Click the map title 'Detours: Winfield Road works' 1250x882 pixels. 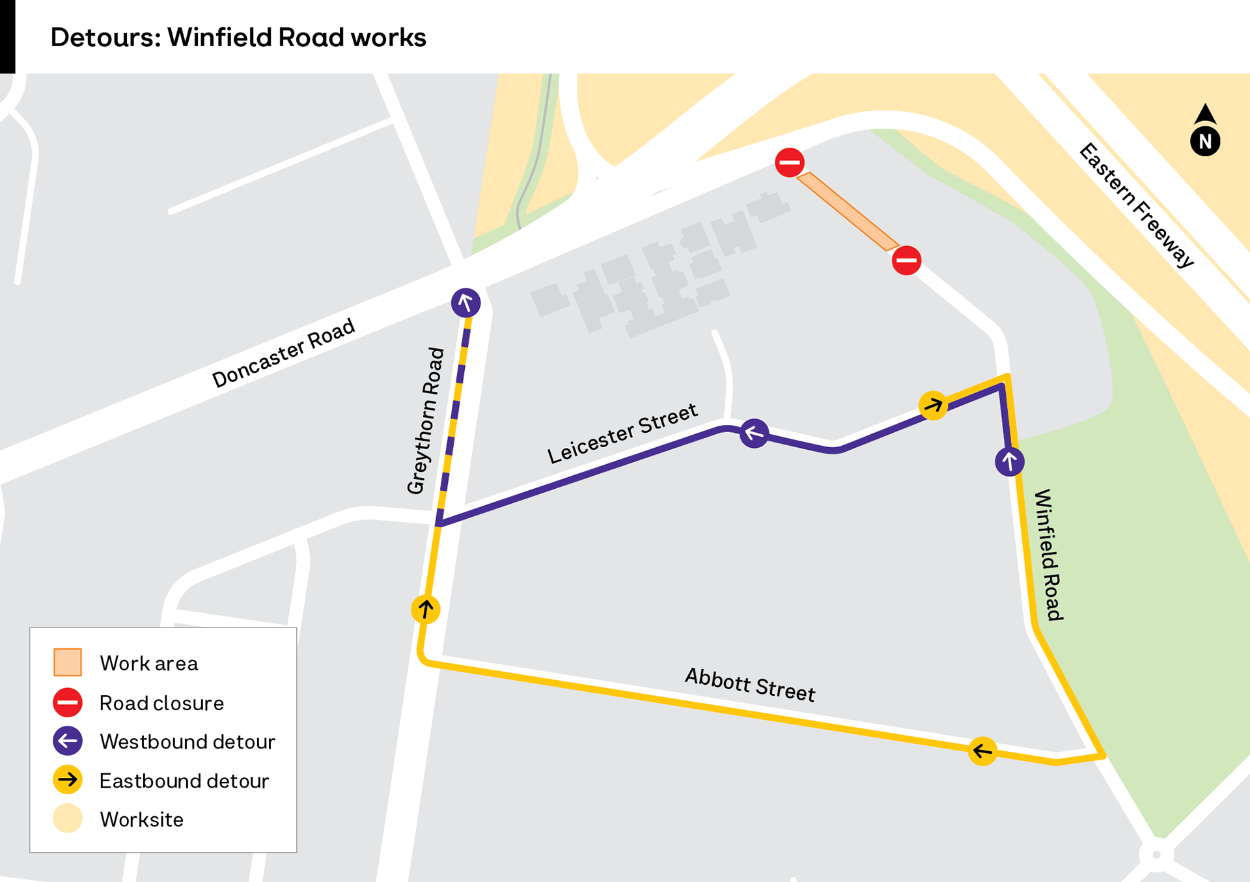pyautogui.click(x=238, y=37)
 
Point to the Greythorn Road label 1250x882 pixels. pyautogui.click(x=426, y=420)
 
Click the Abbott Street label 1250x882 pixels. pyautogui.click(x=750, y=684)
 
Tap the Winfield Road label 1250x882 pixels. pyautogui.click(x=1048, y=555)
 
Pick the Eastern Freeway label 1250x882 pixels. pyautogui.click(x=1137, y=204)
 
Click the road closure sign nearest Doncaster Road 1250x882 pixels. pyautogui.click(x=790, y=162)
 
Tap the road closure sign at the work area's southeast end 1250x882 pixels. pyautogui.click(x=906, y=260)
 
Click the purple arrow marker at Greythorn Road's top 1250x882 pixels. pyautogui.click(x=465, y=303)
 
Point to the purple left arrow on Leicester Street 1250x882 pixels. pyautogui.click(x=754, y=433)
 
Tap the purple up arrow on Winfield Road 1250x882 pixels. pyautogui.click(x=1009, y=462)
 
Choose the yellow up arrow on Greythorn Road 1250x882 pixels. pyautogui.click(x=426, y=609)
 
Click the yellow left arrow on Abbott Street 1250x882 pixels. pyautogui.click(x=982, y=752)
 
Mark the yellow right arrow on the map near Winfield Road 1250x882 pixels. pyautogui.click(x=933, y=406)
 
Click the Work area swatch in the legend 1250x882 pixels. pyautogui.click(x=68, y=663)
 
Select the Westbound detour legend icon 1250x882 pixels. pyautogui.click(x=68, y=741)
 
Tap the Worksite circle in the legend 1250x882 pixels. pyautogui.click(x=68, y=819)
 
